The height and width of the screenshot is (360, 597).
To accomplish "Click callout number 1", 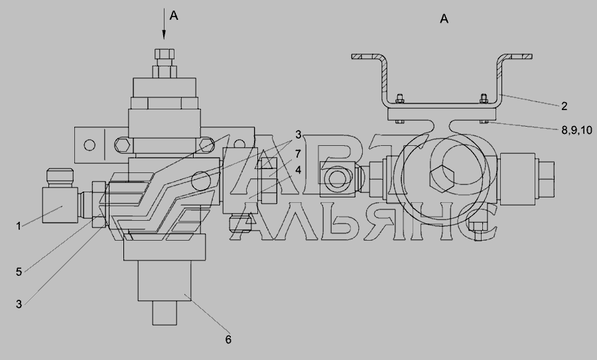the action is (x=19, y=226).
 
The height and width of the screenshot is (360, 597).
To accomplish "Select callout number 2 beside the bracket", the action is (x=564, y=106).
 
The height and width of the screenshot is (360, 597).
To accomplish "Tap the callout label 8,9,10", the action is (x=577, y=130).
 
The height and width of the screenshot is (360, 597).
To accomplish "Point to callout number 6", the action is (x=228, y=339).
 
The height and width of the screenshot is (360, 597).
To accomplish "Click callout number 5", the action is (x=19, y=272).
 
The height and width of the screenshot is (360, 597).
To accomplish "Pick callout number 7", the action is (x=298, y=154).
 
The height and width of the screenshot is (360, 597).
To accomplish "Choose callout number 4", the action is (x=298, y=170).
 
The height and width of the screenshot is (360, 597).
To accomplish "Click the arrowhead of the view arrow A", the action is (x=164, y=34).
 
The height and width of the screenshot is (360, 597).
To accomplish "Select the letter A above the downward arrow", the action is (x=174, y=16).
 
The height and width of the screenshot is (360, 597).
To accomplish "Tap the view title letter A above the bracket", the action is (x=444, y=19).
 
